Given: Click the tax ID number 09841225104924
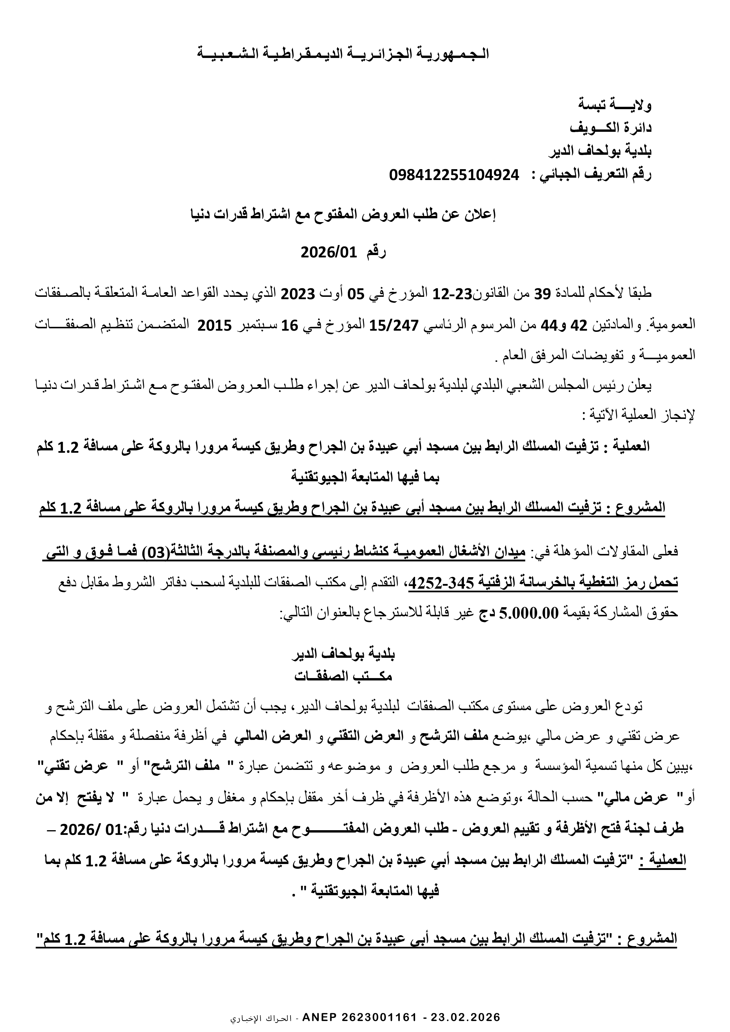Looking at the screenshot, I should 454,175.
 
